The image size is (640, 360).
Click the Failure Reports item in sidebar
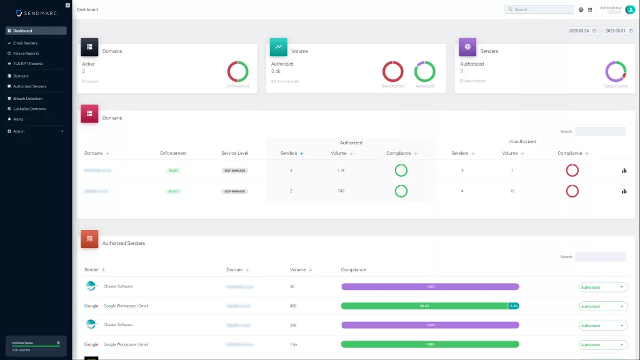coord(26,53)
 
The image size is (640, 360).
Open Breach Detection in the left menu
coord(27,99)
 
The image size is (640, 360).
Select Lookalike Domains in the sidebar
coord(29,109)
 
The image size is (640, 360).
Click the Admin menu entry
coord(19,131)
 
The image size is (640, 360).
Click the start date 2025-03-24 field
coord(579,31)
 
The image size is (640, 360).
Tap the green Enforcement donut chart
coord(237,71)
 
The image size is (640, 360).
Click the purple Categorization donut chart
coord(616,71)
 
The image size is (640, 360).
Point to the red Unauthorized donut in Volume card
coord(392,71)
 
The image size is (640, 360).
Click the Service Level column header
coord(234,153)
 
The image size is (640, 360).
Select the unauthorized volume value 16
coord(512,191)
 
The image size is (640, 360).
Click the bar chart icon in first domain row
coord(624,170)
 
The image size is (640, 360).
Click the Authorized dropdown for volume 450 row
coord(603,306)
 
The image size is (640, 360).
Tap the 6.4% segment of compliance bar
coord(514,306)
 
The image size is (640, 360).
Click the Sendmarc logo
coord(36,13)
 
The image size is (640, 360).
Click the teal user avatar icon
coord(630,9)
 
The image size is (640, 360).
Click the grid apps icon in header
coord(590,9)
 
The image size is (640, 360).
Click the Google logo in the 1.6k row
coord(91,344)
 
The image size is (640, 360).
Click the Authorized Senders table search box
coord(600,257)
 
